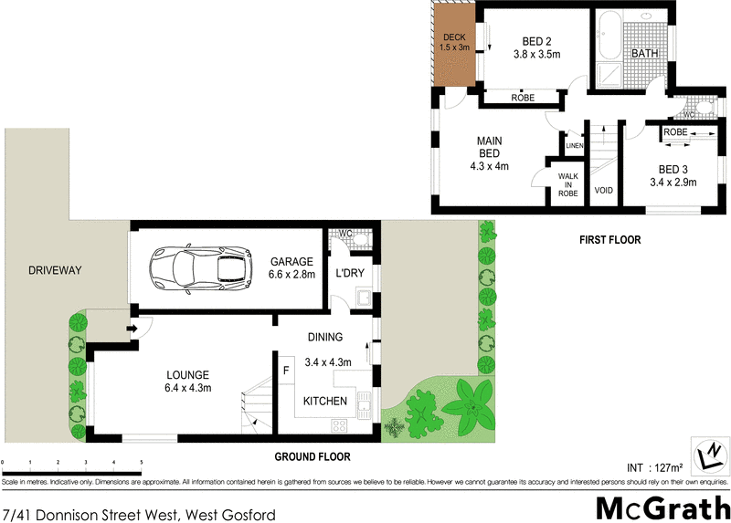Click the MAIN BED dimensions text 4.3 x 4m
tap(489, 166)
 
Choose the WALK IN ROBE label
tap(568, 185)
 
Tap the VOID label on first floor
tap(603, 191)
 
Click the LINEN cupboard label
tap(574, 146)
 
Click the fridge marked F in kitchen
tap(286, 371)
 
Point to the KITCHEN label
tap(324, 401)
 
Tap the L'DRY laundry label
tap(351, 274)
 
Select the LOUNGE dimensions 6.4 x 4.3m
tap(188, 388)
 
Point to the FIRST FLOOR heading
tap(609, 240)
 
